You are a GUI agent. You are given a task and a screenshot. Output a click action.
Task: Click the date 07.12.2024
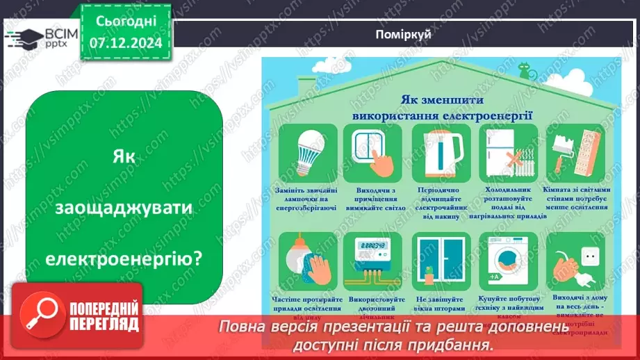tap(126, 43)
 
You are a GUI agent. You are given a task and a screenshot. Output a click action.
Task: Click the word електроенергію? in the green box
tap(125, 259)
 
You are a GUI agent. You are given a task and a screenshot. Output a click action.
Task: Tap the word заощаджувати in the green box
tap(125, 208)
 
